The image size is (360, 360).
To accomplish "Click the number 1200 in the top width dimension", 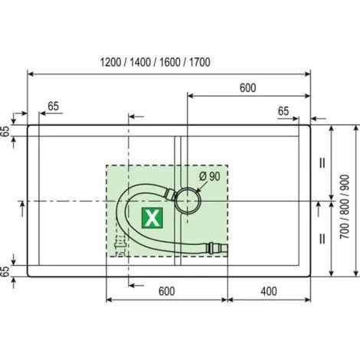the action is click(110, 62).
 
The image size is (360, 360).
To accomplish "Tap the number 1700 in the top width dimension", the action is click(200, 62).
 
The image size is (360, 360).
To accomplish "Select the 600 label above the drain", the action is click(247, 88).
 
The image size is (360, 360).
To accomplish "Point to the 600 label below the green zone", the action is click(167, 291).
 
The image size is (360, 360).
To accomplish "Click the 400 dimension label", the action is click(269, 291).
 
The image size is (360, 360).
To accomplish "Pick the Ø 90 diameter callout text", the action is click(210, 176).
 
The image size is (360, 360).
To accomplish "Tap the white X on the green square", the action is click(152, 218).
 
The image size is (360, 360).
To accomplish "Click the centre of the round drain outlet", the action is click(188, 201).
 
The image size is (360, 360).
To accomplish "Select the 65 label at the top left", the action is click(54, 106).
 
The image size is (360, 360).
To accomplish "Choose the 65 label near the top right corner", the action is click(283, 111).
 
